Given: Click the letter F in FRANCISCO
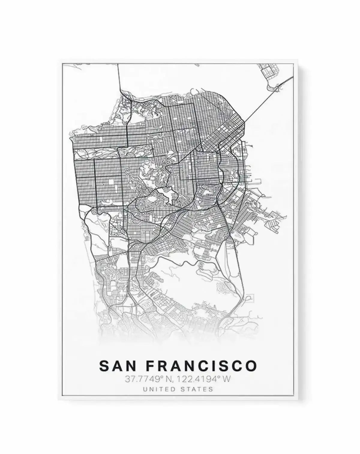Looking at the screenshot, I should coord(151,366).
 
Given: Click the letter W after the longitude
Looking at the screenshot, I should coord(227,379).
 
